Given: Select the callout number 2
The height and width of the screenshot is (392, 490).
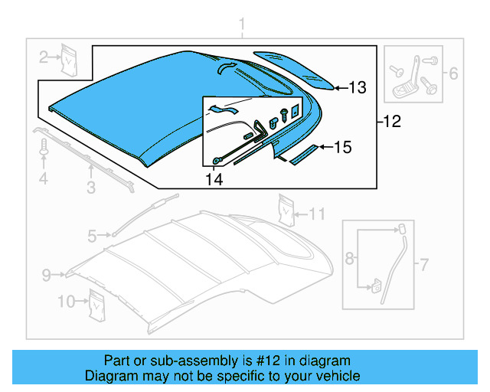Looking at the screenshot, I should point(44,55).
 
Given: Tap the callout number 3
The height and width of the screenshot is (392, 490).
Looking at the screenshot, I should point(90,187).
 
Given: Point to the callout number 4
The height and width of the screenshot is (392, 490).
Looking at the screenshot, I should point(44,179).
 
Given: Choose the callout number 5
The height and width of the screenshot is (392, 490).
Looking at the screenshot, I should point(92,237).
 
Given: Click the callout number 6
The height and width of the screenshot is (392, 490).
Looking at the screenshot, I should point(452,74).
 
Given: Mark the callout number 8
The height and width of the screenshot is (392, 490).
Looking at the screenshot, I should point(350,259).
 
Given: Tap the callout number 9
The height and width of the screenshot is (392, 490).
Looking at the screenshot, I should point(46,274).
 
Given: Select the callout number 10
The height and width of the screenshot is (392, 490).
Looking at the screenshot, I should point(67,302).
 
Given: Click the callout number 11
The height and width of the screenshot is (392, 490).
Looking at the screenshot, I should point(317,213).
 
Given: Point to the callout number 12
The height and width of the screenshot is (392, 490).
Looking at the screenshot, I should point(391,121).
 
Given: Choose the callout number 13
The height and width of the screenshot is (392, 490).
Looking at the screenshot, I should point(358,88).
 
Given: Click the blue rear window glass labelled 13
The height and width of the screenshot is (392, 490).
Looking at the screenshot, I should point(295,69).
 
